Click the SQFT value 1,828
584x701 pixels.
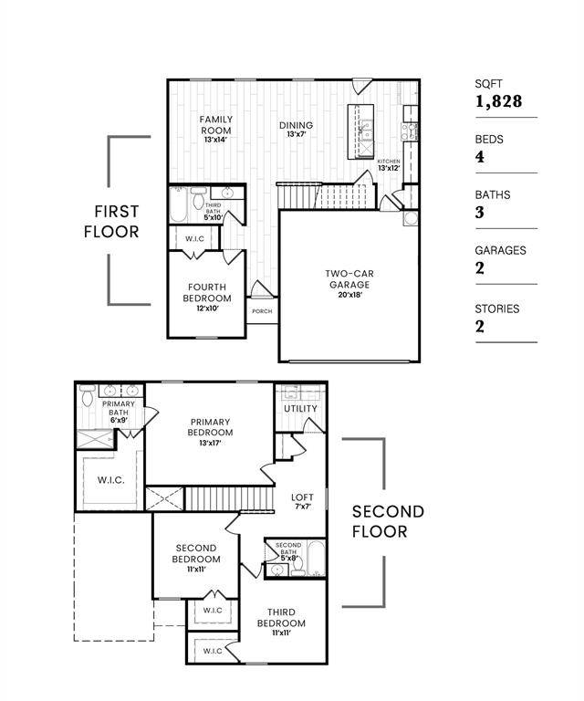coord(498,101)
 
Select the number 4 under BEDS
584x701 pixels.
coord(480,157)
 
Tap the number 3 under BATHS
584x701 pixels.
coord(480,213)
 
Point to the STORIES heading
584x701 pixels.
coord(496,309)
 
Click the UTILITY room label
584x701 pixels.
coord(300,409)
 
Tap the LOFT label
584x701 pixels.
coord(302,501)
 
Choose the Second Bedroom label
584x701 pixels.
coord(197,558)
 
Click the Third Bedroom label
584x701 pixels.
coord(281,622)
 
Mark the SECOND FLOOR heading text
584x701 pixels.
coord(388,521)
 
